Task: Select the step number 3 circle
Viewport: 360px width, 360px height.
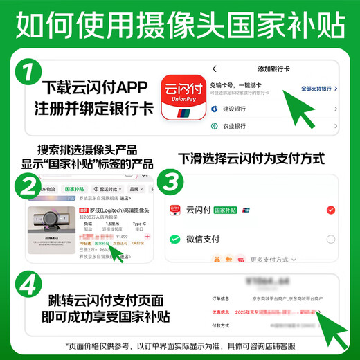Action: [170, 183]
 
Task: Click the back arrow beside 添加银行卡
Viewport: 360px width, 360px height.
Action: [215, 69]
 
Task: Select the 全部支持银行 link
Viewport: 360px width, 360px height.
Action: [318, 89]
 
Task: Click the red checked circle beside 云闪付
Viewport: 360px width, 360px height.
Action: [330, 209]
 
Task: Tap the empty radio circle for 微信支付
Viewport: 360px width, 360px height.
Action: [330, 239]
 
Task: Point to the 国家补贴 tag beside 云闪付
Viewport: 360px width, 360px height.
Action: [226, 209]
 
